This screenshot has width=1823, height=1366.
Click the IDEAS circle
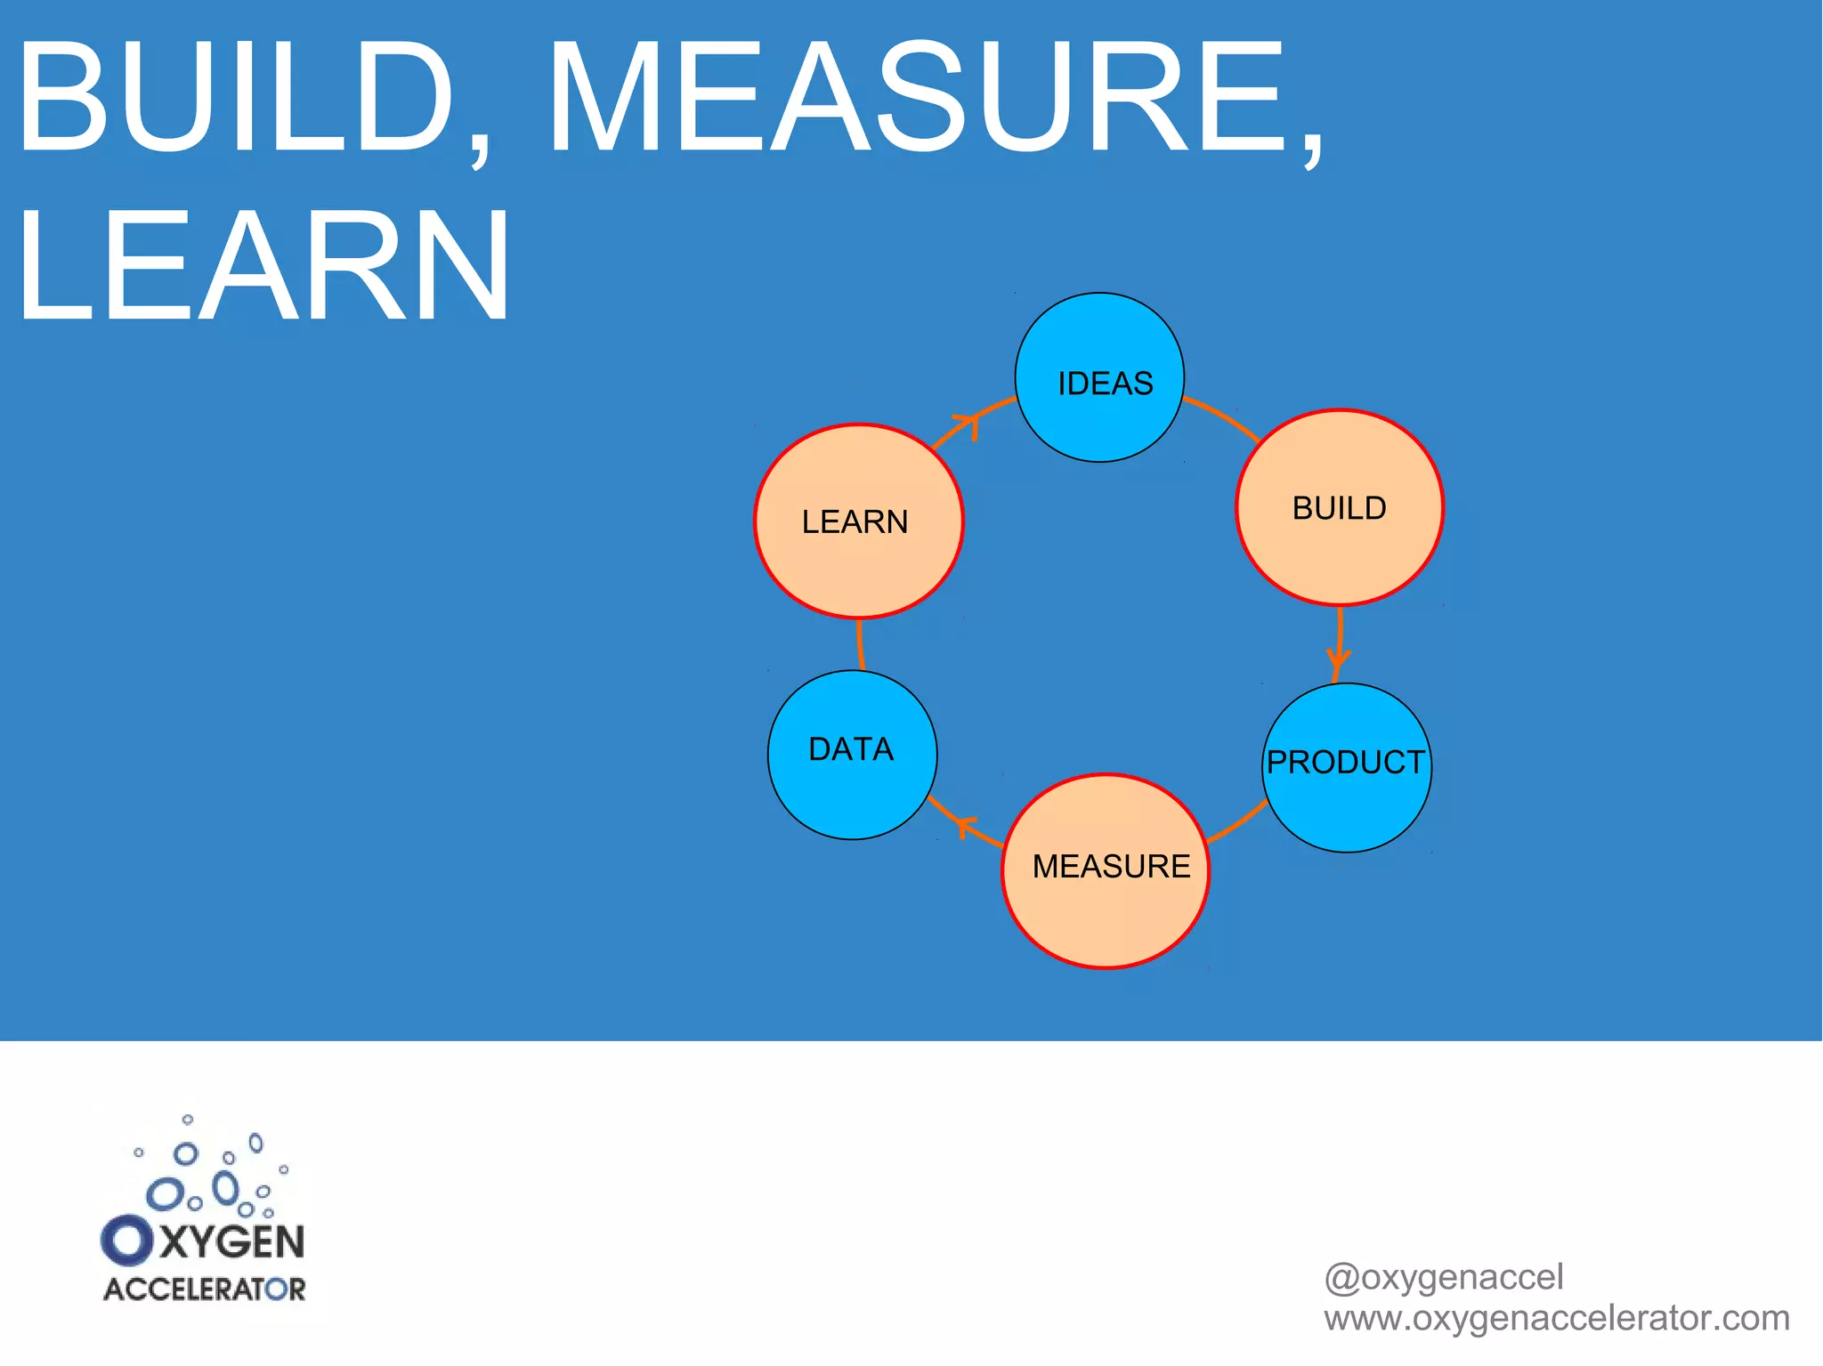click(1099, 377)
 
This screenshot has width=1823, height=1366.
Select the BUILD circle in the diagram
click(1340, 507)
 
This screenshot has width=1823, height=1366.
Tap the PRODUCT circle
click(1347, 767)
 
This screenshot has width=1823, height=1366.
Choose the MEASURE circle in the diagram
click(1106, 870)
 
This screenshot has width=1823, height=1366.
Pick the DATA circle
click(852, 755)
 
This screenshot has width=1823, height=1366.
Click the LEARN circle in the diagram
click(859, 521)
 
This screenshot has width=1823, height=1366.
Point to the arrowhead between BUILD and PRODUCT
click(1338, 659)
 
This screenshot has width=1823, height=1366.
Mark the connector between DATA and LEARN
click(859, 645)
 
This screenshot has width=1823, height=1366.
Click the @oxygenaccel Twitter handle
click(1443, 1277)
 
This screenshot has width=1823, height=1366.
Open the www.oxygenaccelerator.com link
click(1556, 1318)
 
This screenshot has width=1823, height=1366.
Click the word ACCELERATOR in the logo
click(205, 1289)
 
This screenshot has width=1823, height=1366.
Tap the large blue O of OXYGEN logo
click(127, 1241)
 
